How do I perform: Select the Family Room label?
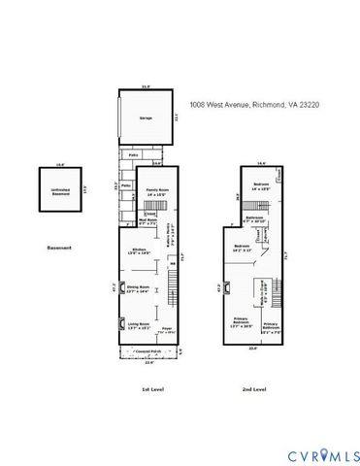(152, 192)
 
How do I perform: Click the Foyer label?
(168, 331)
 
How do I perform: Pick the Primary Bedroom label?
(243, 323)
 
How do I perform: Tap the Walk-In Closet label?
(259, 287)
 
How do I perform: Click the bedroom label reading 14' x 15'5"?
(261, 185)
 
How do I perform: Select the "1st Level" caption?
(153, 389)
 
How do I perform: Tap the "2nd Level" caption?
(253, 389)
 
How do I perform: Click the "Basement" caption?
(59, 248)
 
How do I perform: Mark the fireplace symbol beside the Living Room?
(121, 323)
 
